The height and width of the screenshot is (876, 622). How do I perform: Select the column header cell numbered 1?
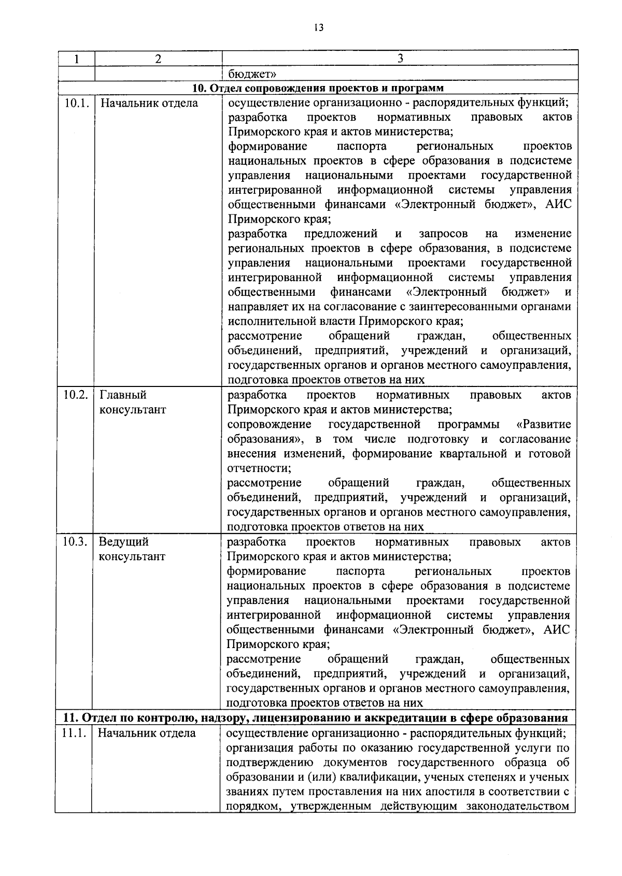pyautogui.click(x=76, y=59)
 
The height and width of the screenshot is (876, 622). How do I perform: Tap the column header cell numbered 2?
pyautogui.click(x=158, y=59)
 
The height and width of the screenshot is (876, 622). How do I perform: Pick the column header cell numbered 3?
pyautogui.click(x=400, y=59)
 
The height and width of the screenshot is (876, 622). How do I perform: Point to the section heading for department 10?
pyautogui.click(x=318, y=88)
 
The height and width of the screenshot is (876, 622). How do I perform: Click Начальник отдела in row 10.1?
pyautogui.click(x=149, y=103)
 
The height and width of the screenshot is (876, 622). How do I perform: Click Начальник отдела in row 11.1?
pyautogui.click(x=147, y=733)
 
